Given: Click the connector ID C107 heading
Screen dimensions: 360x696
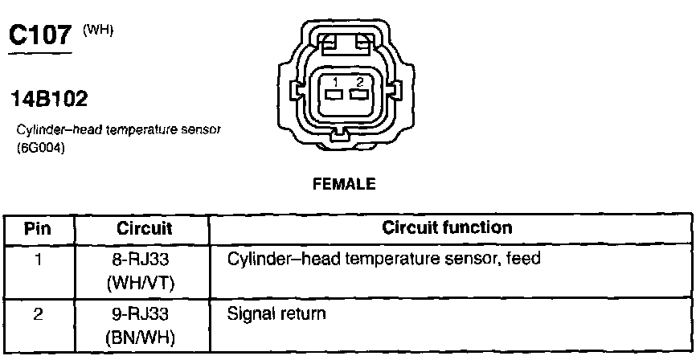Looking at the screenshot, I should tap(39, 36).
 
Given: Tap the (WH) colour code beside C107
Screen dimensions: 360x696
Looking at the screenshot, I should tap(99, 30).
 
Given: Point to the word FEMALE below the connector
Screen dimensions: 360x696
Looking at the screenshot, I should tap(344, 184).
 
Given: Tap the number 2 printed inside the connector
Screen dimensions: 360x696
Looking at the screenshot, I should tap(359, 82).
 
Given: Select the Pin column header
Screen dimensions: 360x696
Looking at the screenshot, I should tap(38, 228).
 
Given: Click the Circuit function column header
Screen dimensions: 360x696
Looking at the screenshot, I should tap(447, 227).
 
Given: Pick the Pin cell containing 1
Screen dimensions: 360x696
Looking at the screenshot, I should tap(38, 260).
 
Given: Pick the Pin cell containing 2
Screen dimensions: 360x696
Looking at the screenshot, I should tap(38, 313).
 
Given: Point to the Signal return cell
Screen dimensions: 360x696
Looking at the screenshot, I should tap(277, 313).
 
